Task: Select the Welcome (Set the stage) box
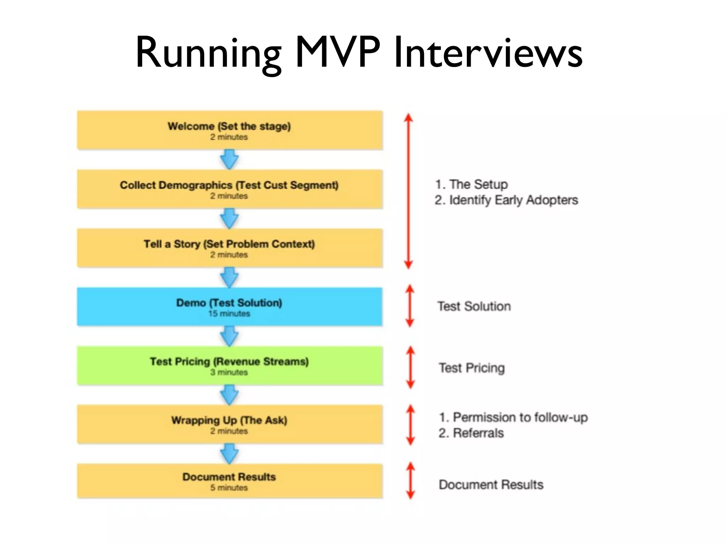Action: click(230, 130)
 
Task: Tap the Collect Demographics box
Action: click(230, 189)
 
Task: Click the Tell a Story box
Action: click(230, 248)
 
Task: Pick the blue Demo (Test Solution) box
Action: click(230, 307)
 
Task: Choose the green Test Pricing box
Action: click(230, 365)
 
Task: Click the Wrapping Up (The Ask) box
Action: click(230, 424)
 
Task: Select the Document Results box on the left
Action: click(230, 481)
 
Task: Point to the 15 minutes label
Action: click(229, 314)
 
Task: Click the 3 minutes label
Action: click(229, 372)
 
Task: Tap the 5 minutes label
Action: click(229, 488)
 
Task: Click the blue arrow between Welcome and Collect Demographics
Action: click(229, 159)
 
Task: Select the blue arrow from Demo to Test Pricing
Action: click(229, 336)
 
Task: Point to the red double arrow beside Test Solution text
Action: click(410, 306)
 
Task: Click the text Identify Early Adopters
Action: click(513, 200)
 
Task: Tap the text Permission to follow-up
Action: click(520, 417)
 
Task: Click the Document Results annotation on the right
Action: click(491, 485)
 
